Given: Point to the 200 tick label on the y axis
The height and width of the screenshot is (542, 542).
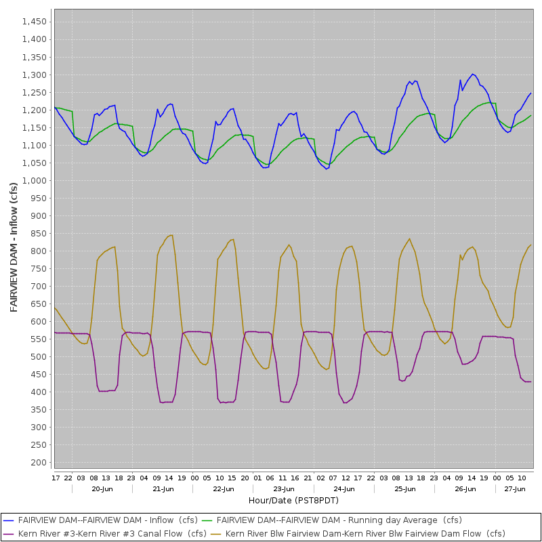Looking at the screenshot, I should [x=39, y=463].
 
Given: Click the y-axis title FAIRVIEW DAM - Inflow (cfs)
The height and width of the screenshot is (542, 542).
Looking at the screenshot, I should [x=14, y=247].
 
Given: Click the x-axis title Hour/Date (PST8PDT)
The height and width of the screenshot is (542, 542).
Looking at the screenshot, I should [x=293, y=500].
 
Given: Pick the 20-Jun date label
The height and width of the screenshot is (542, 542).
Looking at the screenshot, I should [x=102, y=488].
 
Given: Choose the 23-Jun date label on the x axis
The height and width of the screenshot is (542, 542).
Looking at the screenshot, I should [x=284, y=488].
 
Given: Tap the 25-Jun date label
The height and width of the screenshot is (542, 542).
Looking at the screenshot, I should [x=404, y=488].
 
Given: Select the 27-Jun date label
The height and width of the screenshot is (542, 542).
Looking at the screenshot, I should [x=515, y=488].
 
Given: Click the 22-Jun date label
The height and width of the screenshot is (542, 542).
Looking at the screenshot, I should [x=223, y=488].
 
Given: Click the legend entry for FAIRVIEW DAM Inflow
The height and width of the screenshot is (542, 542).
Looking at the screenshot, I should [x=108, y=520].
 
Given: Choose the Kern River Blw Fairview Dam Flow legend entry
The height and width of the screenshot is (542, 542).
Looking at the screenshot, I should [x=365, y=534].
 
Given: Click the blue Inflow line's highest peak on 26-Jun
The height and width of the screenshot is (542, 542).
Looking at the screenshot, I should [x=473, y=74].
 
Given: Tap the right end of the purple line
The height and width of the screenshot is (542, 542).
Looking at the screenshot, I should [x=531, y=382].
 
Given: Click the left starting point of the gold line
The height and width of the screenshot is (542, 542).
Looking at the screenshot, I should [x=55, y=308].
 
